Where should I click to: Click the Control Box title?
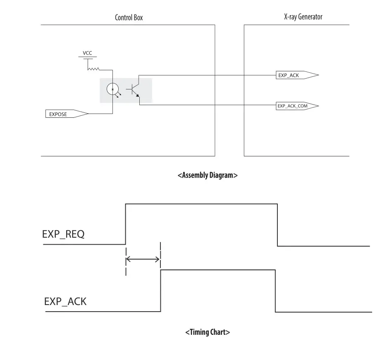pos(129,18)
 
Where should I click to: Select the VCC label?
pos(87,53)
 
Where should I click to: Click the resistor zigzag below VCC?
pos(93,69)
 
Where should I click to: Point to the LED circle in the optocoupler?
pos(112,89)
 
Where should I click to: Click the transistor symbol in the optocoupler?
pos(135,90)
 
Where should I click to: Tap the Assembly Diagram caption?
pos(208,175)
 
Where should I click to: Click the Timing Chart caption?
pos(208,332)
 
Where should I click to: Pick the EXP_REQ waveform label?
pos(64,234)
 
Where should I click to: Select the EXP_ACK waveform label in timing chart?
pos(65,301)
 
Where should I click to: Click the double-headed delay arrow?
pos(143,260)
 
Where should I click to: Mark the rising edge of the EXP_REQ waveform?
pos(126,224)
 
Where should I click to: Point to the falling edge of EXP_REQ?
pos(277,225)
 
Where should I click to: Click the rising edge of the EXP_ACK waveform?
pos(160,290)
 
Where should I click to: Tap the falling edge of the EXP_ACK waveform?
pos(275,291)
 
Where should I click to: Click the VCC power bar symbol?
pos(87,58)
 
